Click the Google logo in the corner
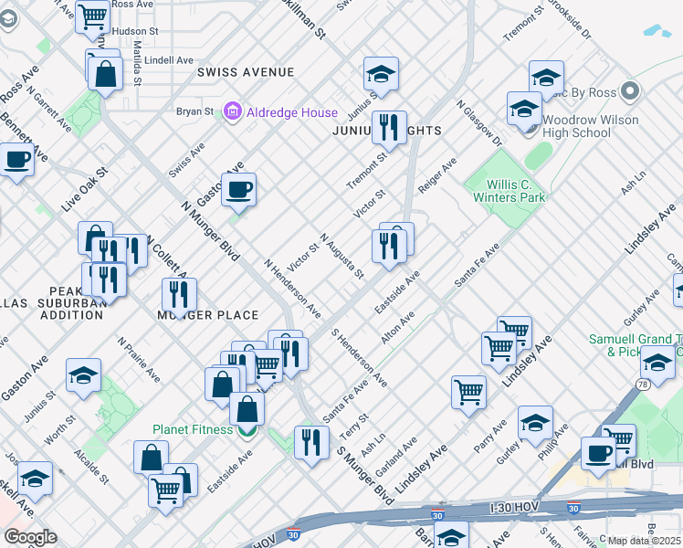[x=30, y=536]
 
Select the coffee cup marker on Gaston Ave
[x=238, y=189]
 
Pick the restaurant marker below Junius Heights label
[x=389, y=127]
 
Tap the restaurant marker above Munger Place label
[x=179, y=294]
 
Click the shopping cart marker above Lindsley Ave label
[x=499, y=347]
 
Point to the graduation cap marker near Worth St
[x=83, y=374]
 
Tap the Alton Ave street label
[x=398, y=326]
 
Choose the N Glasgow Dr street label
[x=479, y=123]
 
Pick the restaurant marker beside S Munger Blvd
[x=311, y=442]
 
